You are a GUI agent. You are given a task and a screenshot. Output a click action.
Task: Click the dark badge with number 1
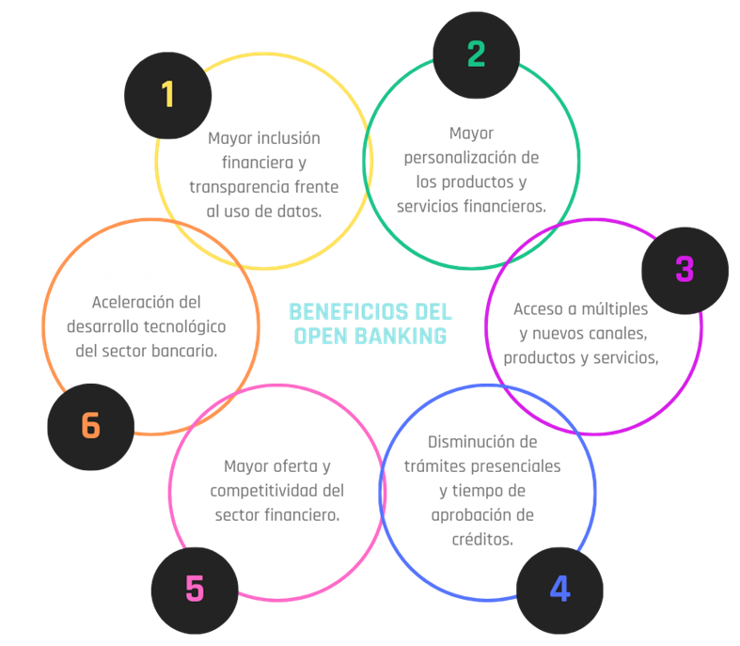[167, 94]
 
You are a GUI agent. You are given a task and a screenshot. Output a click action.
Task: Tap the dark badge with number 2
[476, 54]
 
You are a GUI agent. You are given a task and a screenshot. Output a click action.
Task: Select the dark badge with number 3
[685, 270]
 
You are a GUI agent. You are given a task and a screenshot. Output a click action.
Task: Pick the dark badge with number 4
[559, 590]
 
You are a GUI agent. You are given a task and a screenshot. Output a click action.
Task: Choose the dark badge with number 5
[194, 590]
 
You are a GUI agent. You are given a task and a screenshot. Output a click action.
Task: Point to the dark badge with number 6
[90, 426]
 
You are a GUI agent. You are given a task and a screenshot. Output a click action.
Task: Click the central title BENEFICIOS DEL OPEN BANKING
[370, 323]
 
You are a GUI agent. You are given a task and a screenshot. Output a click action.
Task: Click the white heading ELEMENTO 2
[480, 126]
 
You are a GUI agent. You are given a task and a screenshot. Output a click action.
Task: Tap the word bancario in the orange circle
[182, 351]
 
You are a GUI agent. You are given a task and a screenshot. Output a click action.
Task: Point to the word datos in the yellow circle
[300, 211]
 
